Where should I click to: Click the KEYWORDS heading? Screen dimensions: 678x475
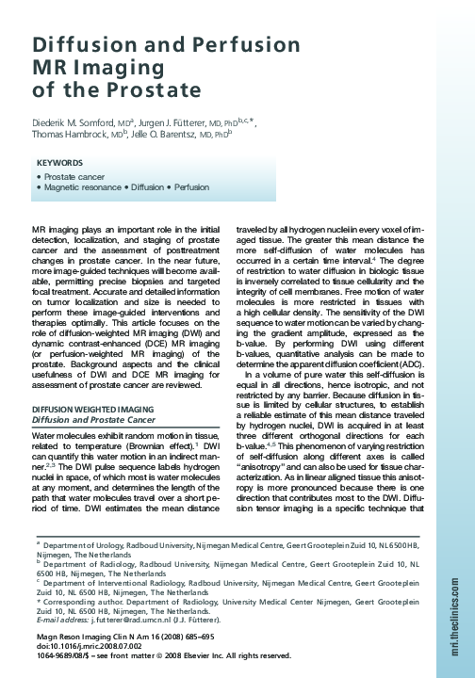pos(64,162)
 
